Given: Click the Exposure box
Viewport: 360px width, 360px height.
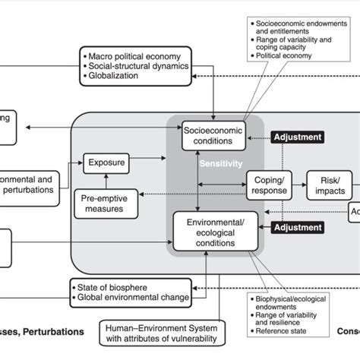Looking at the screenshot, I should (x=107, y=161).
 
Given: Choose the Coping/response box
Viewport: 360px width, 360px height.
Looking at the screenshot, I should (x=269, y=183).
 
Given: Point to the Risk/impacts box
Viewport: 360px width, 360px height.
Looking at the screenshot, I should (x=330, y=183).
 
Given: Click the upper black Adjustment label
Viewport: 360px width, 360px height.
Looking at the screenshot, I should (x=298, y=137).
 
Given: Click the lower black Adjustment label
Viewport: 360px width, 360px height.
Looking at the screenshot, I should (x=298, y=226).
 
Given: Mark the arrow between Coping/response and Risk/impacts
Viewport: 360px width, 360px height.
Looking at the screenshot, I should (x=299, y=183).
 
